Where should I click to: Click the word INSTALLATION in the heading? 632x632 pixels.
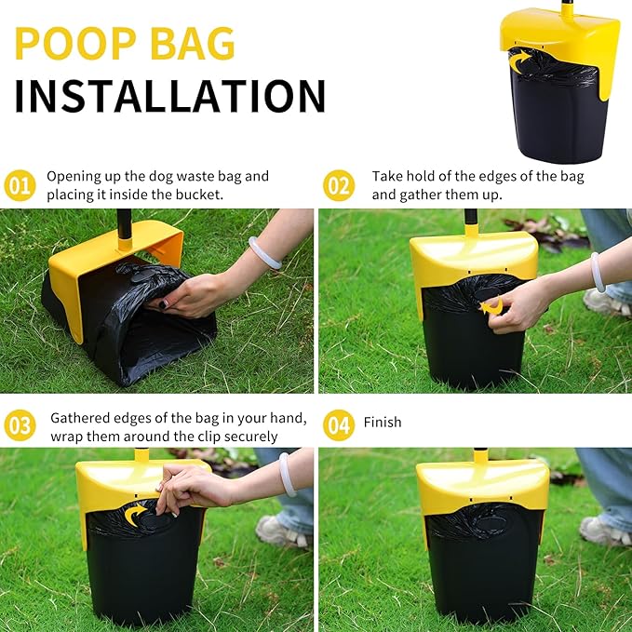click(170, 96)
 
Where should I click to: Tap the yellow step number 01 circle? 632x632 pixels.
click(20, 185)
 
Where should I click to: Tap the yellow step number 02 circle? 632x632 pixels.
click(339, 185)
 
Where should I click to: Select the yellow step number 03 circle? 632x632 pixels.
click(20, 425)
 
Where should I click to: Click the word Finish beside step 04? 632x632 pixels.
click(383, 423)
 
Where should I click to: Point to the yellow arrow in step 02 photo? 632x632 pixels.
click(492, 305)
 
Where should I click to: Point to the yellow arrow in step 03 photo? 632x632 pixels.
click(139, 513)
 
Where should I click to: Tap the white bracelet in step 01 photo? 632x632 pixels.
click(263, 252)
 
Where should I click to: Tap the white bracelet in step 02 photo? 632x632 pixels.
click(597, 272)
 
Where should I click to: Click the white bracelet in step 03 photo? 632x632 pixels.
click(287, 474)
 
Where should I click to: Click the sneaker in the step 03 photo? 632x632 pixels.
click(281, 532)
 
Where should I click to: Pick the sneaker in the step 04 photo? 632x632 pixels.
click(603, 530)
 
